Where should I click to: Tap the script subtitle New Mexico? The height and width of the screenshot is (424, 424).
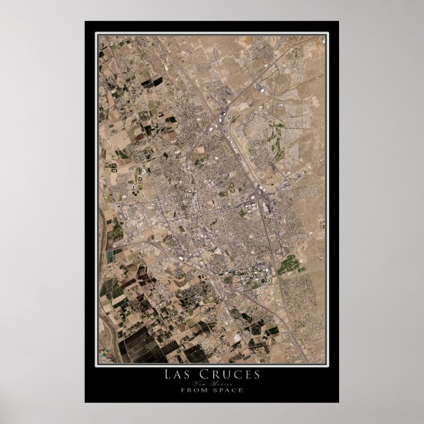pyautogui.click(x=211, y=383)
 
